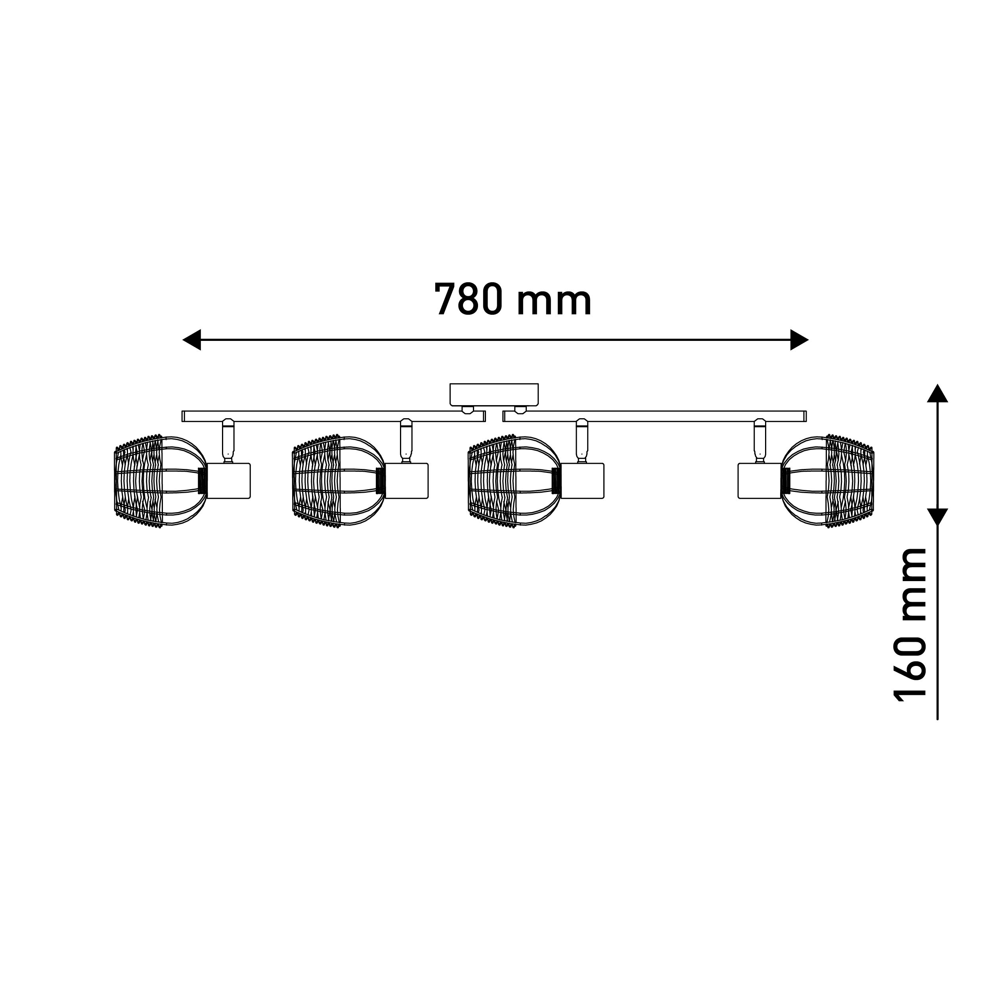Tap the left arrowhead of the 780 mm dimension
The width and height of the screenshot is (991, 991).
(191, 340)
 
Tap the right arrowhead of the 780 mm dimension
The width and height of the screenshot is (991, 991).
(799, 340)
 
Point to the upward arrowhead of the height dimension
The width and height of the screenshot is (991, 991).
(937, 393)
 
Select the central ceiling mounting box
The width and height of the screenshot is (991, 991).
(494, 394)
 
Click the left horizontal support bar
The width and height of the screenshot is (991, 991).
(333, 416)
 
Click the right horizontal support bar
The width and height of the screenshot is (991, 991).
(654, 416)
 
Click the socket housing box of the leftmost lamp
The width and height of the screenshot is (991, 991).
(228, 480)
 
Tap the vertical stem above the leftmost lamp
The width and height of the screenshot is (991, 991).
(228, 441)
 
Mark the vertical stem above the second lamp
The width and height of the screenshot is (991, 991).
(406, 441)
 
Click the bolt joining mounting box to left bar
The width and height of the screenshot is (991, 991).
(467, 409)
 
